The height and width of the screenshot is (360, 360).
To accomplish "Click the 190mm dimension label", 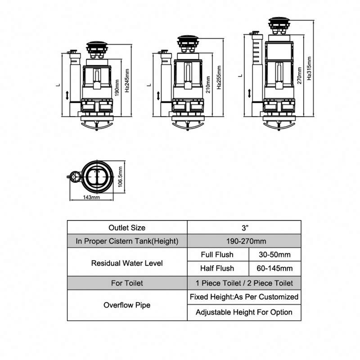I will (x=117, y=85).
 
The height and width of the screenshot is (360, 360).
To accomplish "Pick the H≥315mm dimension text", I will (x=309, y=67).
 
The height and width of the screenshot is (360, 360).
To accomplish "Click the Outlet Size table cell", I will (x=127, y=228).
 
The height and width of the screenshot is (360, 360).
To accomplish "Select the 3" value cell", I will (x=243, y=228).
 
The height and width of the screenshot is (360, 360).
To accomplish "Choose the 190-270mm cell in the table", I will (x=243, y=241).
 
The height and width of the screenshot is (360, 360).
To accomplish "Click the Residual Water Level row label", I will (x=127, y=262).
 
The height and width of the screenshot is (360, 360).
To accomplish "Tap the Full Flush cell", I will (x=218, y=255).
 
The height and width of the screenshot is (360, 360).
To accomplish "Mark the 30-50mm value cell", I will (x=274, y=255).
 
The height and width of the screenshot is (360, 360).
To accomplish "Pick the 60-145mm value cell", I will (x=274, y=268).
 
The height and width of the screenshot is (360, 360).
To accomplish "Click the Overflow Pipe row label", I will (x=127, y=305).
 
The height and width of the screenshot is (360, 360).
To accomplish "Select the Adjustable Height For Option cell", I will (x=243, y=312).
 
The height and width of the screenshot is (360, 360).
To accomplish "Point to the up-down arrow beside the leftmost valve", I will (x=67, y=95).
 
